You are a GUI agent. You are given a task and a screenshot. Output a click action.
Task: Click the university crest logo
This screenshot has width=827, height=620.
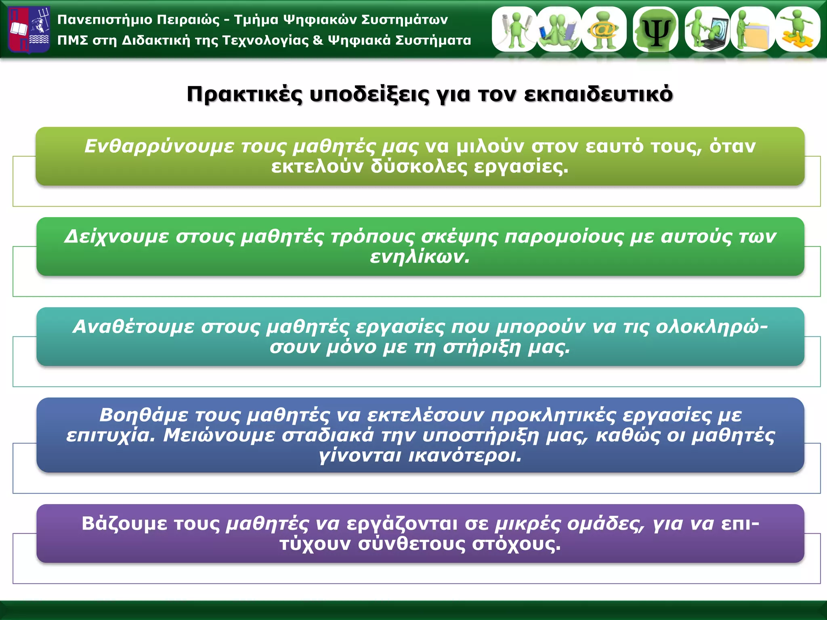[29, 29]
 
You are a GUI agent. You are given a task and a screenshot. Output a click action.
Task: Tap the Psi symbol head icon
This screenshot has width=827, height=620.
[656, 29]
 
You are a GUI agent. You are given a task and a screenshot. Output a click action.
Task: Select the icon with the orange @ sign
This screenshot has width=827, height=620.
[604, 29]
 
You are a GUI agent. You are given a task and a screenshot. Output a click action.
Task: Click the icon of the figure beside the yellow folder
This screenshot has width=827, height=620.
[753, 29]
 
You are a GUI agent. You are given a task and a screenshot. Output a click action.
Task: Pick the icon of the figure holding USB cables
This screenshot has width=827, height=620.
[514, 29]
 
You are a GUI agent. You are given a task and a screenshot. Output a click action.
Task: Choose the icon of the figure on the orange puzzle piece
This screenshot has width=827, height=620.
[798, 29]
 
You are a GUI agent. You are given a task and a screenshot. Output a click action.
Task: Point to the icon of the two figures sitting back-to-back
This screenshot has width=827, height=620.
[559, 29]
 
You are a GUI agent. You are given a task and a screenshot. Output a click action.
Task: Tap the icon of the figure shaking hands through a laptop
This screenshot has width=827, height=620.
[707, 29]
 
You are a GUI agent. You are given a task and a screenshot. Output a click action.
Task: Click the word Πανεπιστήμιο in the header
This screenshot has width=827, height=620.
[105, 20]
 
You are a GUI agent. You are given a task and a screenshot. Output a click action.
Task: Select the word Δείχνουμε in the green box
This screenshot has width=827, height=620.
[116, 237]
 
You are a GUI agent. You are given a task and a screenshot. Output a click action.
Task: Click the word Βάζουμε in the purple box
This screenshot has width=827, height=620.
[124, 524]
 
